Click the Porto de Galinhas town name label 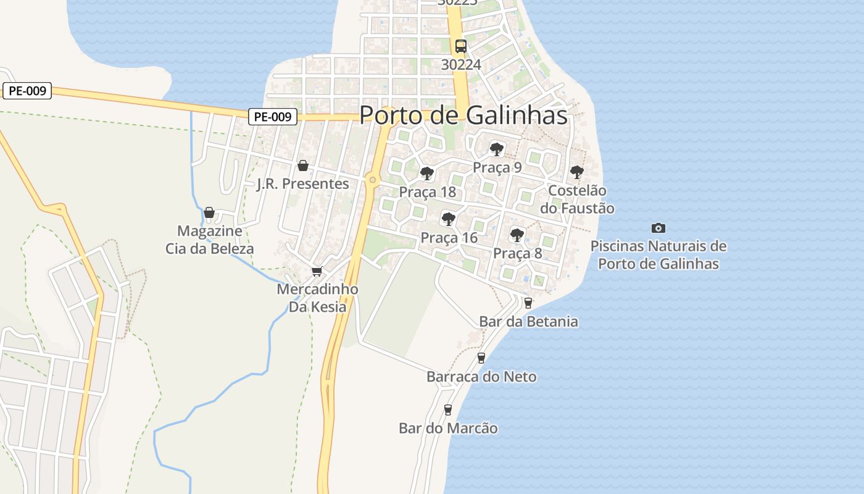(x=463, y=115)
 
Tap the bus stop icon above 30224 (x=460, y=46)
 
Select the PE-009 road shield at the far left (x=28, y=91)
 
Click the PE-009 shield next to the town (x=273, y=117)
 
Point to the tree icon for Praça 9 (x=497, y=149)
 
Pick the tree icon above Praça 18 (x=426, y=173)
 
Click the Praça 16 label (x=449, y=238)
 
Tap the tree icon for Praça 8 (x=517, y=235)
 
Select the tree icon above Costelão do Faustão (x=576, y=172)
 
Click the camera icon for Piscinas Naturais (x=658, y=228)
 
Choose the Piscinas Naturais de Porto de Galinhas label (x=658, y=254)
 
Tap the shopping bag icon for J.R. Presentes (x=302, y=165)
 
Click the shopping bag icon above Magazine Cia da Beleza (x=209, y=212)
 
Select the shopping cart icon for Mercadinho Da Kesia (x=317, y=271)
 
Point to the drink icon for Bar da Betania (x=528, y=303)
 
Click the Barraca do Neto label (x=481, y=377)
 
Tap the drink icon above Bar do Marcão (x=448, y=409)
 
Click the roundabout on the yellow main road (x=372, y=180)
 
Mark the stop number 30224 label (x=461, y=64)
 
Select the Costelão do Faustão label (x=577, y=199)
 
